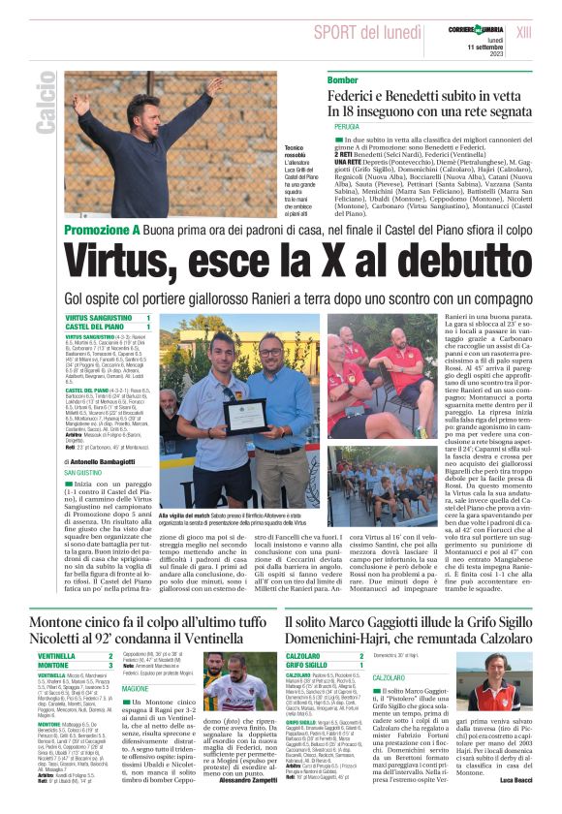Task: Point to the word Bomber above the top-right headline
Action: [x=343, y=79]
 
